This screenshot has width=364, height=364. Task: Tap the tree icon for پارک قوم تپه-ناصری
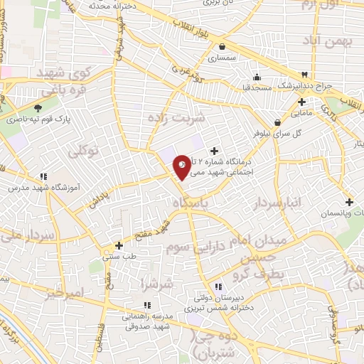point(37,109)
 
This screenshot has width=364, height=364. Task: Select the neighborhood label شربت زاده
point(176,117)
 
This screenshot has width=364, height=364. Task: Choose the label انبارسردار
point(277,205)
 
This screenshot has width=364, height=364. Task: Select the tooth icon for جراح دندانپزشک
point(304,74)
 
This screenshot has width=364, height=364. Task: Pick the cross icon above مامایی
point(301,102)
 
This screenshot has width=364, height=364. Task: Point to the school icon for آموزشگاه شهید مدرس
point(43,176)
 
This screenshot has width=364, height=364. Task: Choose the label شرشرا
point(157,284)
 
